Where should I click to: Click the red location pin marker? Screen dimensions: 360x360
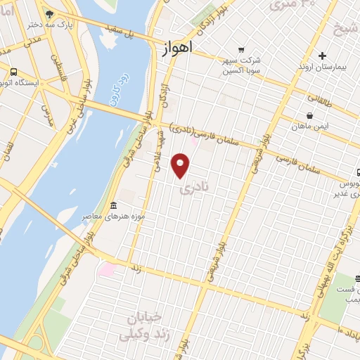181,165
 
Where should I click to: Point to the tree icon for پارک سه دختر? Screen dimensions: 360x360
49,13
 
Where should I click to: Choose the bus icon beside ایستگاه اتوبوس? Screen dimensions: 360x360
13,71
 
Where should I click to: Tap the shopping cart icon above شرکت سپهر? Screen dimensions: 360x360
241,49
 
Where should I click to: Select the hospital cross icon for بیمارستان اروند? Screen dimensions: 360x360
322,55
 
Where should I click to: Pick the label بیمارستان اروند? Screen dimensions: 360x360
322,67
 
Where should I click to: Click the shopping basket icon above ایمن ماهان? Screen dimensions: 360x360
309,115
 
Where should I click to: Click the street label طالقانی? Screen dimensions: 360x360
323,98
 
